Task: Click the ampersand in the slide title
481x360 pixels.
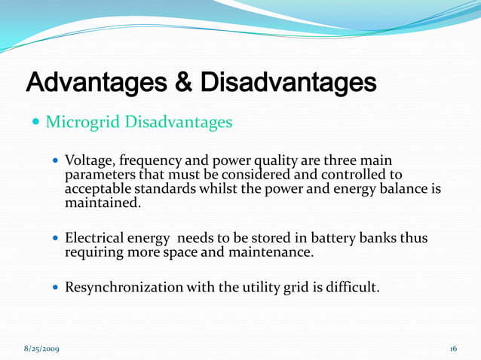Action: pyautogui.click(x=182, y=82)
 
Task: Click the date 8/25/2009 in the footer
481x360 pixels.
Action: pyautogui.click(x=42, y=349)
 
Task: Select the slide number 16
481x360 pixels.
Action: pyautogui.click(x=453, y=349)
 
